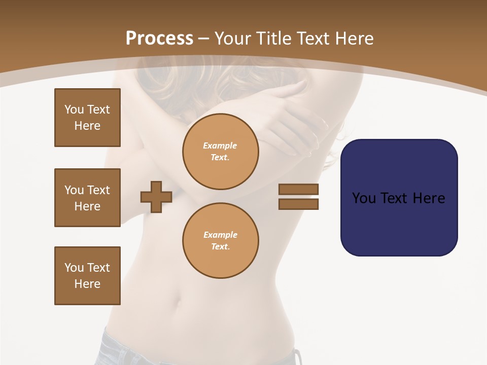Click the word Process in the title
coord(159,38)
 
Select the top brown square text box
coord(87,118)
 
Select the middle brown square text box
coord(87,198)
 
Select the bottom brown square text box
coord(87,276)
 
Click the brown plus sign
coord(156,197)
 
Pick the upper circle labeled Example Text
coord(220,151)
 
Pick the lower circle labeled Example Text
coord(220,240)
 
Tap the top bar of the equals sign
coord(298,189)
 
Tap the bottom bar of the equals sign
coord(298,204)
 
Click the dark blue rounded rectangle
coord(399,223)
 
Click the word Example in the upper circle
coord(220,145)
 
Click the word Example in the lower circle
coord(220,235)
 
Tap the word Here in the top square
coord(87,126)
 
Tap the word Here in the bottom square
coord(87,284)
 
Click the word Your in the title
coord(231,39)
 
